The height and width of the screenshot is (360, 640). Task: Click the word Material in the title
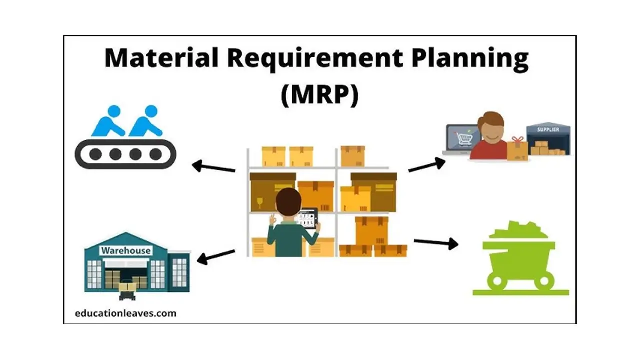coord(161,58)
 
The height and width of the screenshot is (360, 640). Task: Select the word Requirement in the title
coord(315,59)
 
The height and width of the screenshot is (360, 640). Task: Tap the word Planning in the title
coord(470,59)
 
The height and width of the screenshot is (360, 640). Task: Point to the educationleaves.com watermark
coord(125,313)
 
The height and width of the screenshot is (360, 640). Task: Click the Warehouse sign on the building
coord(126,251)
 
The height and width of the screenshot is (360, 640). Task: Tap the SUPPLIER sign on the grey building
coord(548,130)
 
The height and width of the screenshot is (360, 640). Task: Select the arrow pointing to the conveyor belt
coord(213,166)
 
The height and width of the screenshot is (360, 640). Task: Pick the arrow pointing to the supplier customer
coord(427,165)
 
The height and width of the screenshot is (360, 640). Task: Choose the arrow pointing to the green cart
coord(436,243)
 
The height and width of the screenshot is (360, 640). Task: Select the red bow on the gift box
coord(517,140)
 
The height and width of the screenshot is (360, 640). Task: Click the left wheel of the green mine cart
coord(497,281)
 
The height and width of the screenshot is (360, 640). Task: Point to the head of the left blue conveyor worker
coord(114,111)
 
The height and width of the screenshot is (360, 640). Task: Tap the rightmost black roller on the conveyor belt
coord(155,154)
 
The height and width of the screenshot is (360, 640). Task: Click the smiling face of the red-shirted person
coord(491,134)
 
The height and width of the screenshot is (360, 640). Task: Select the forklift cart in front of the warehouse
coord(127,291)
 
